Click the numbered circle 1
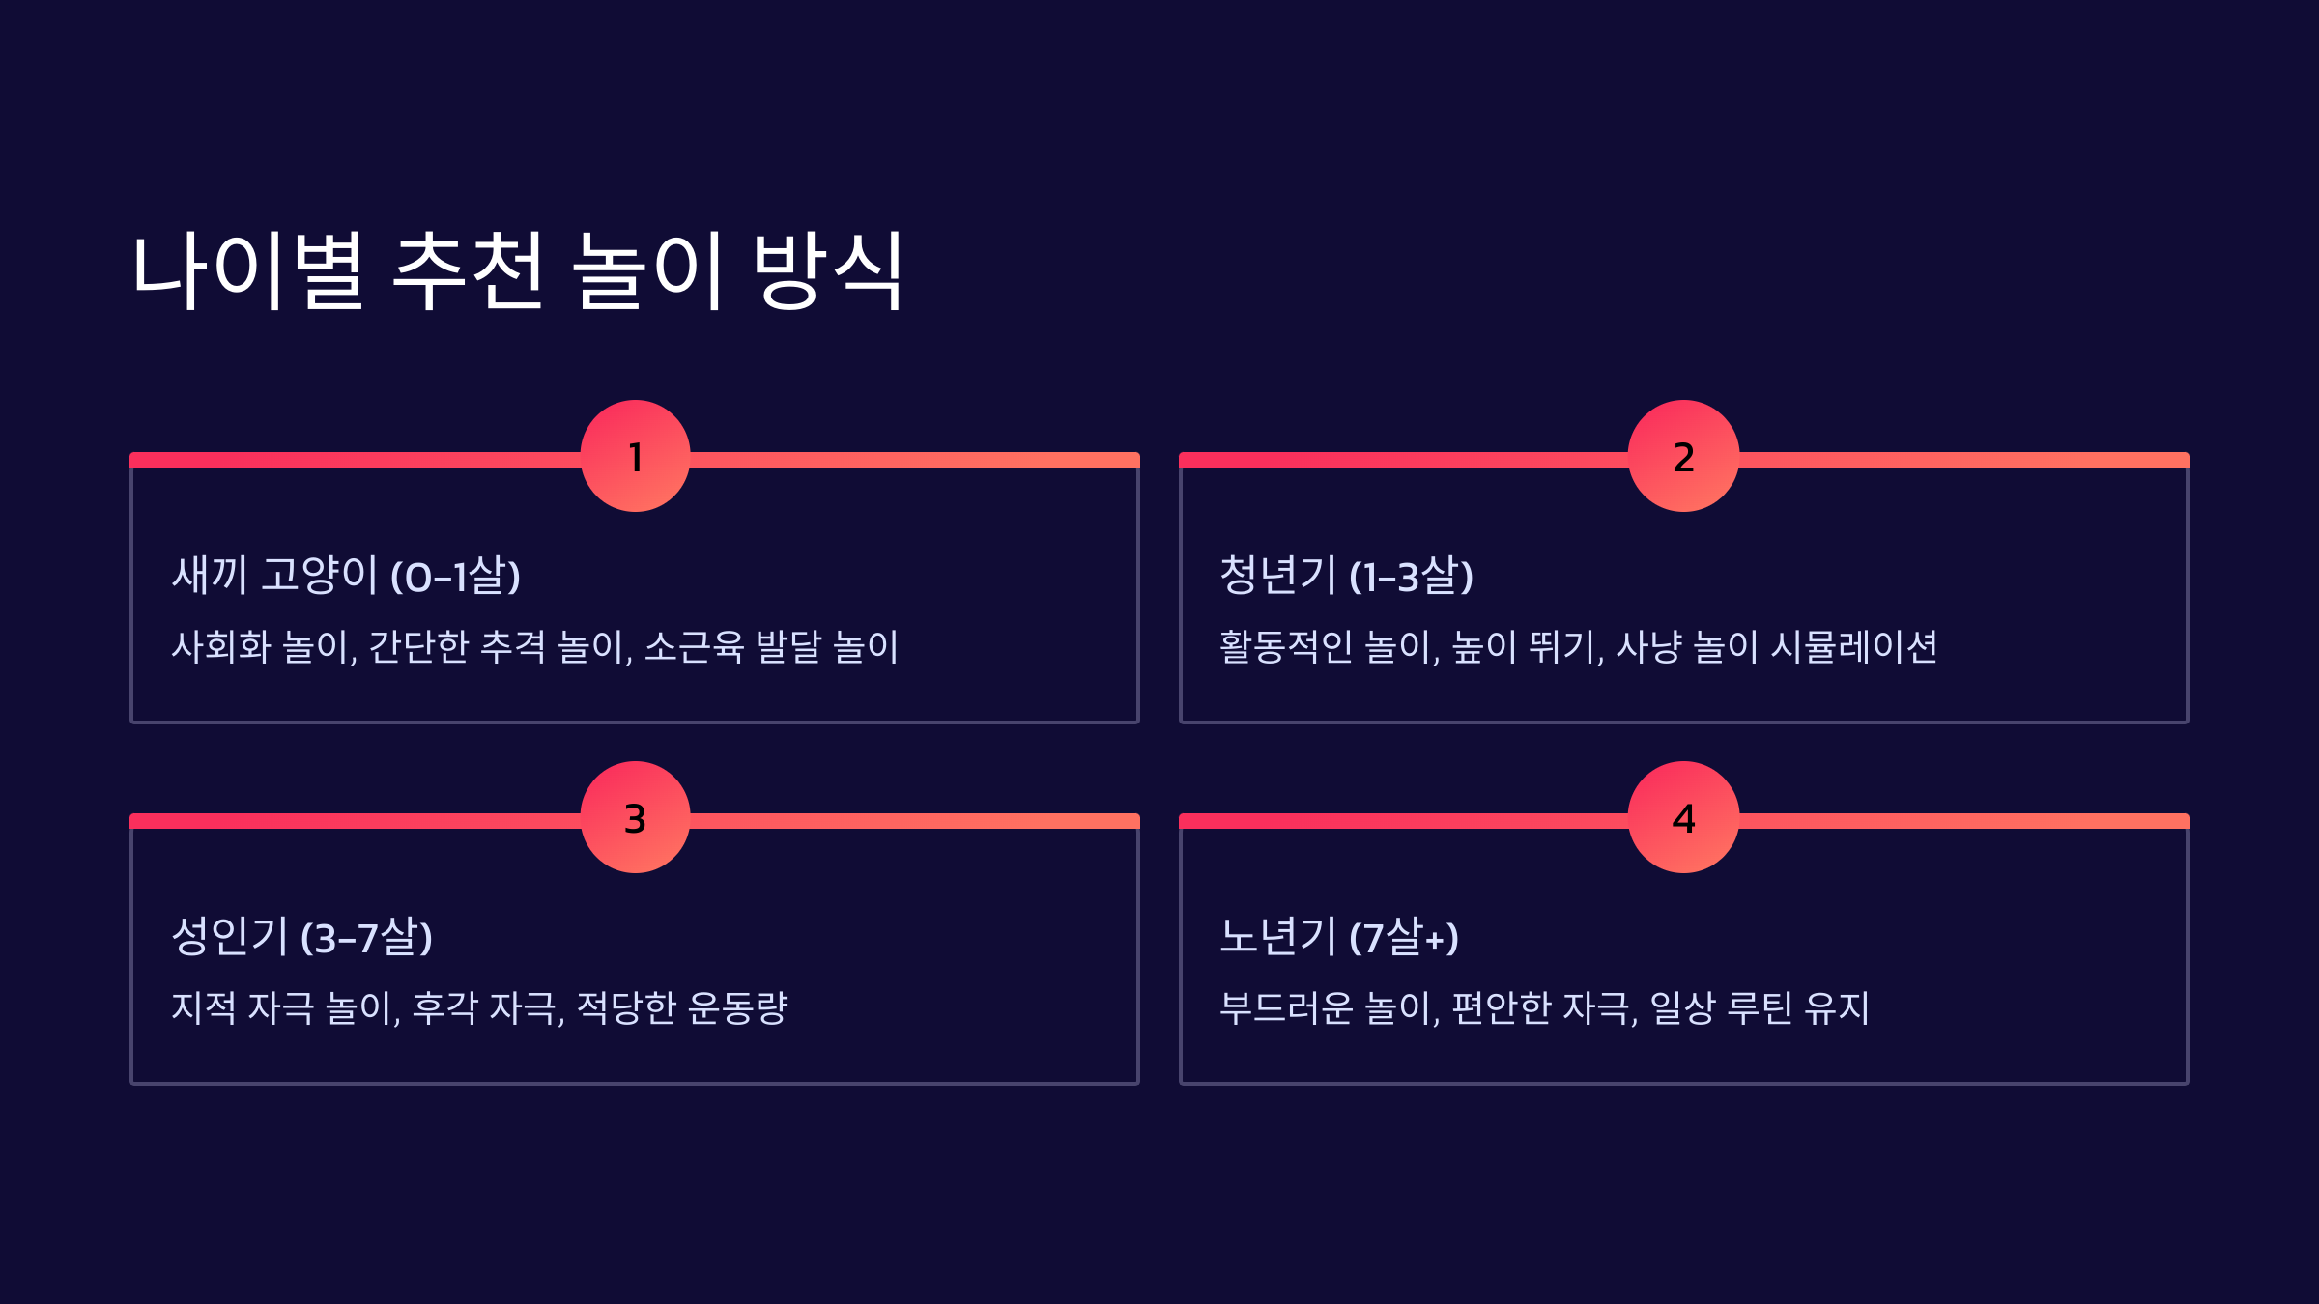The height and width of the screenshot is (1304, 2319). (635, 456)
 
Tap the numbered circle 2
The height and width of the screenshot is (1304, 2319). (1683, 456)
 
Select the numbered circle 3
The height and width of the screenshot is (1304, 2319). (635, 817)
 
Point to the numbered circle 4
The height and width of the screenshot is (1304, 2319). (1683, 817)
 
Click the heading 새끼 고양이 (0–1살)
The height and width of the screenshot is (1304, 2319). (346, 576)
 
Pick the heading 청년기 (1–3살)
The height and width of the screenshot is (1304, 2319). (1346, 576)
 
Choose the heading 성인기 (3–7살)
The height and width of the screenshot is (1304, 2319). (301, 937)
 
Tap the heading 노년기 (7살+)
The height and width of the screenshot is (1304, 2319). (1338, 937)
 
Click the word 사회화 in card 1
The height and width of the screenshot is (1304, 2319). (221, 646)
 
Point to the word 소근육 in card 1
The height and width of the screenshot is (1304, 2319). (694, 646)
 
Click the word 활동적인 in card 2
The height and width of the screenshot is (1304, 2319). (1285, 646)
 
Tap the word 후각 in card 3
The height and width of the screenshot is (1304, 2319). (445, 1007)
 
